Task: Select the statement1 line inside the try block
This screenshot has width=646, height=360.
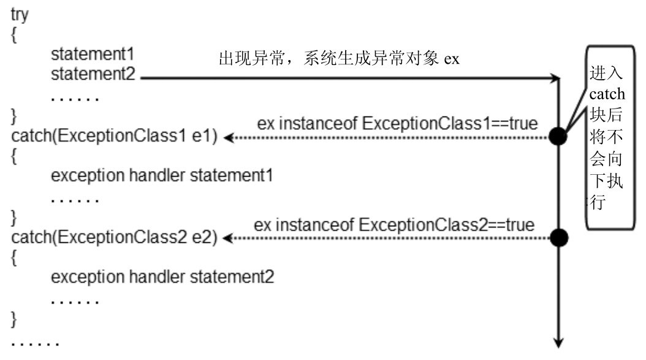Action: click(93, 54)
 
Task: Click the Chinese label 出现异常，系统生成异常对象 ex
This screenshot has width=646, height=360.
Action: click(339, 59)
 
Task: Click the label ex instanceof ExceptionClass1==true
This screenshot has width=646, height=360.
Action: click(397, 123)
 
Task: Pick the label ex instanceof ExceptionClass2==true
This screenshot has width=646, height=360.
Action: click(394, 224)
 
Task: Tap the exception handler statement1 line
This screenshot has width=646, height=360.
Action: click(162, 176)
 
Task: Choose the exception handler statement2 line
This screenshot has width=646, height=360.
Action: click(162, 277)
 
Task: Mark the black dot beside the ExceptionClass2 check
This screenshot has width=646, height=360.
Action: click(558, 237)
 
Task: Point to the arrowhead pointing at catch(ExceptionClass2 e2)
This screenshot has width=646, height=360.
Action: click(227, 238)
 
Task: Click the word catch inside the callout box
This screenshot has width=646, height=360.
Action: click(607, 94)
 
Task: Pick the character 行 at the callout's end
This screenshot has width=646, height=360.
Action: click(597, 202)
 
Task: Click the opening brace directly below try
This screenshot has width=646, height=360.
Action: click(15, 34)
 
